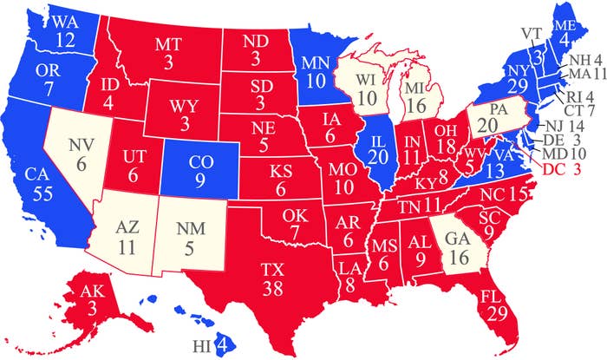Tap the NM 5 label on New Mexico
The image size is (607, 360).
(x=184, y=239)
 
